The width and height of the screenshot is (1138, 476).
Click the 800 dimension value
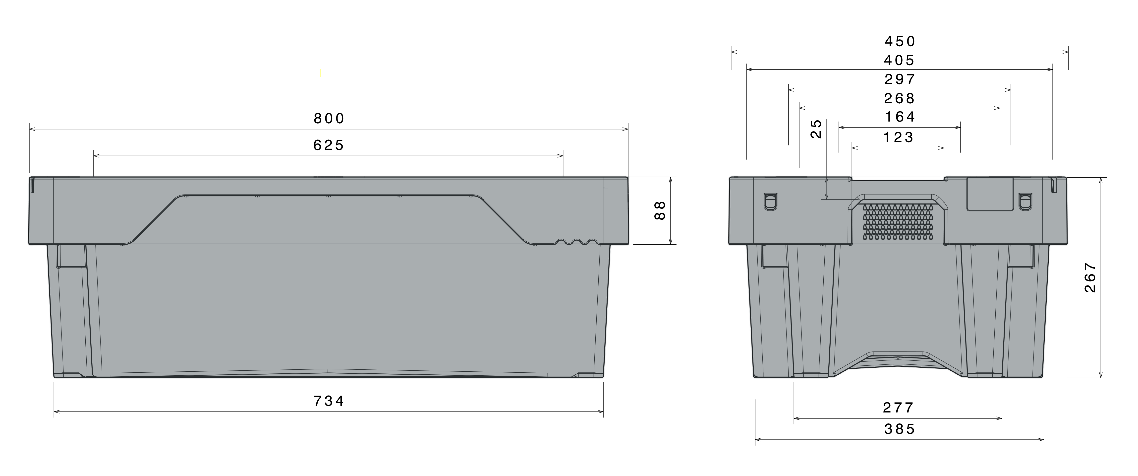click(x=329, y=119)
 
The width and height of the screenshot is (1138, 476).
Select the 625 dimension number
click(x=328, y=145)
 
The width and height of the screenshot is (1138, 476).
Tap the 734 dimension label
click(x=329, y=401)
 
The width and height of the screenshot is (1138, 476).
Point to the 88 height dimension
click(x=660, y=210)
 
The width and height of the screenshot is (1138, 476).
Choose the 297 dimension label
click(x=900, y=79)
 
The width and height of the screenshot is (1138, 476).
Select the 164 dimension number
click(x=900, y=117)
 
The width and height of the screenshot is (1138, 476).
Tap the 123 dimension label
click(x=898, y=137)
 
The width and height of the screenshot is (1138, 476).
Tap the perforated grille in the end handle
click(x=898, y=222)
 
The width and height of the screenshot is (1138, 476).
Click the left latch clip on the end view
click(x=770, y=202)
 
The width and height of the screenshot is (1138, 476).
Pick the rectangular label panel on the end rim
click(x=990, y=194)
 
